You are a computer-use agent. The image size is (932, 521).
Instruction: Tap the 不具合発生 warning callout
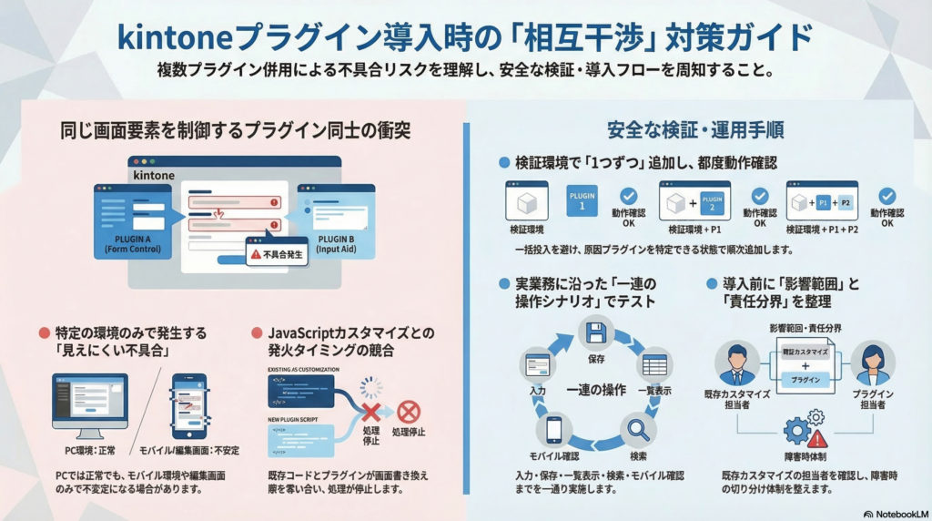click(277, 254)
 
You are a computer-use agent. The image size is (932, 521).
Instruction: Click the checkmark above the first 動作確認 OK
click(628, 196)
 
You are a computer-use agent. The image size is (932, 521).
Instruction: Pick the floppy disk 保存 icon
click(596, 332)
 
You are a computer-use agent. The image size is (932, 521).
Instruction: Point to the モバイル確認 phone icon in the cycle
click(554, 428)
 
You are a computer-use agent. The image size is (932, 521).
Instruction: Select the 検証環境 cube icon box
click(526, 201)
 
